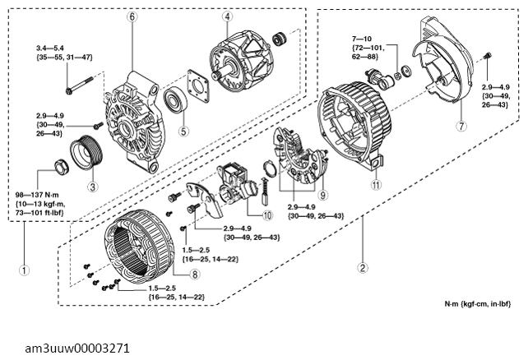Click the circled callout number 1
click(25, 268)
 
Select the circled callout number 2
click(362, 267)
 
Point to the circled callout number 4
click(226, 16)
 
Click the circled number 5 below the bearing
click(184, 130)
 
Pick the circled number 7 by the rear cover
click(462, 127)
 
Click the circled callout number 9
click(324, 195)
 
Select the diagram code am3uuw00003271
click(77, 348)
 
